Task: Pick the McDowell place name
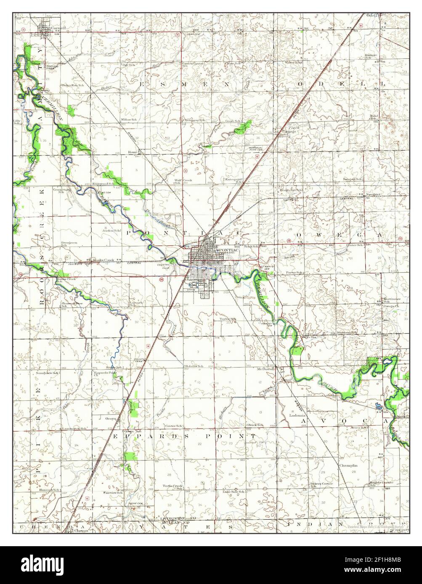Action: (265, 369)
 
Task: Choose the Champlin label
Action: (349, 466)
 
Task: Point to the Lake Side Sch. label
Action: (234, 491)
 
